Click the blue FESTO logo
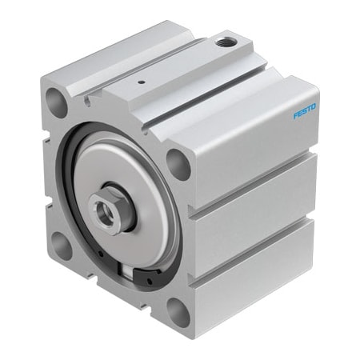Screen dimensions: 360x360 305,110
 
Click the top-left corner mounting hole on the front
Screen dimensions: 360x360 57,102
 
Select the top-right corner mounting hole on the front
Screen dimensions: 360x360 179,164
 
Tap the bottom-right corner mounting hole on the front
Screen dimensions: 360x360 177,313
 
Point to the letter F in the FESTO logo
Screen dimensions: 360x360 296,115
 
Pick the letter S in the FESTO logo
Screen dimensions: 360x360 305,110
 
